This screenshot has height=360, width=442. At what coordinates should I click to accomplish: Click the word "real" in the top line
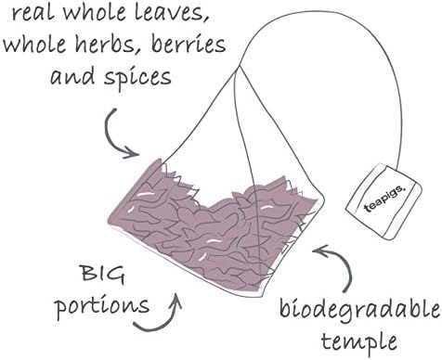click(36, 15)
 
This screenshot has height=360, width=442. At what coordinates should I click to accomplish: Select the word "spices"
click(134, 77)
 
